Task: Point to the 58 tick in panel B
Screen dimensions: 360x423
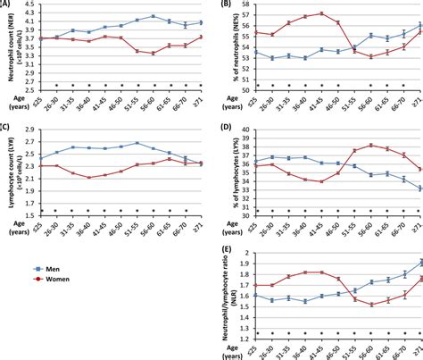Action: click(x=243, y=4)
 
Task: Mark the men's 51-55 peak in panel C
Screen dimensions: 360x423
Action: click(x=137, y=143)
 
